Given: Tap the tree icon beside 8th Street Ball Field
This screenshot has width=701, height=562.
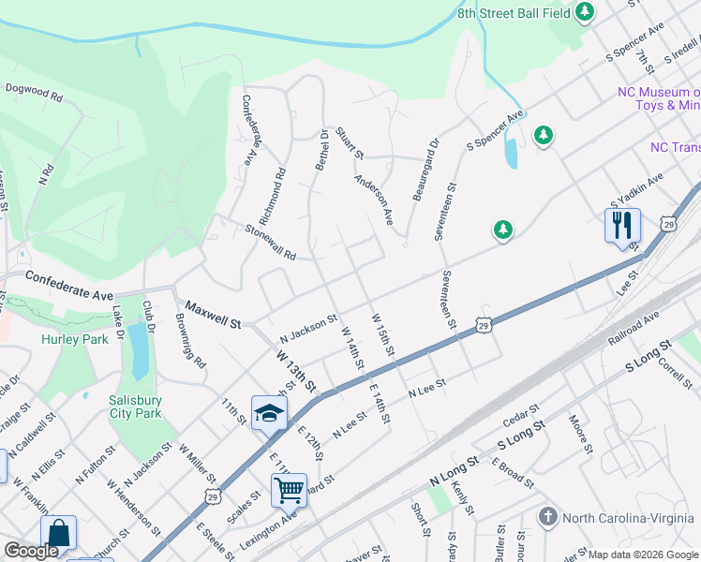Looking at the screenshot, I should (x=586, y=12).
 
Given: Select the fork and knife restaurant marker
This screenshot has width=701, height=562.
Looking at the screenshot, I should (x=622, y=226).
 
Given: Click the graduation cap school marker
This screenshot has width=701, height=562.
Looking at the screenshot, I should (x=269, y=412).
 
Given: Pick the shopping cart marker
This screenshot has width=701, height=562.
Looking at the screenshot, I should (x=289, y=489).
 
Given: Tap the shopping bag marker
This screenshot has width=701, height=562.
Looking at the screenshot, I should (x=58, y=532).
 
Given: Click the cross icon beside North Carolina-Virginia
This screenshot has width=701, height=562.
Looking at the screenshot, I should (x=549, y=517).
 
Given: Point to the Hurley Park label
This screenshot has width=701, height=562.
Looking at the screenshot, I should (x=76, y=339).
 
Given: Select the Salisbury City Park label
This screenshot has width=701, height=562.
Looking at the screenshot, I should (x=136, y=405).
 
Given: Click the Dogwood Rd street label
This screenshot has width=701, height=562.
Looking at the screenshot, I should (x=33, y=96).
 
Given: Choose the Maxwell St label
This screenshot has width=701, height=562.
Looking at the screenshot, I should (x=213, y=314).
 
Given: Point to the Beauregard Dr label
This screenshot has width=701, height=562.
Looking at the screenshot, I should (x=425, y=170).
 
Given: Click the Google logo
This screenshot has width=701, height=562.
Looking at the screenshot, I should (x=31, y=551).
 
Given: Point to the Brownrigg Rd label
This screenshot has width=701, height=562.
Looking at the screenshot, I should (x=191, y=346).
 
